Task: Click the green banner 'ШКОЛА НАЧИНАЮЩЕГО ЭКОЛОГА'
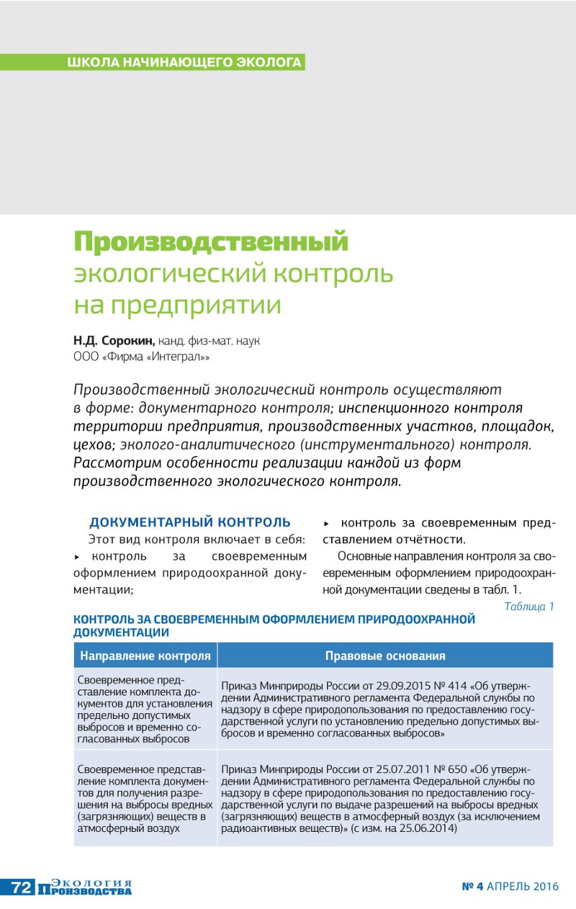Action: click(x=184, y=62)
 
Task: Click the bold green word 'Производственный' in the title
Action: click(x=211, y=241)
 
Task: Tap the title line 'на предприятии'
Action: click(x=177, y=305)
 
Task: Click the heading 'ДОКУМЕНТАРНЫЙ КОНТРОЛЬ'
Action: click(x=190, y=522)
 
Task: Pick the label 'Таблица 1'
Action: click(x=529, y=606)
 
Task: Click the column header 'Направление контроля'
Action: click(x=145, y=655)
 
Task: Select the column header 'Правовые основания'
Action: click(x=385, y=655)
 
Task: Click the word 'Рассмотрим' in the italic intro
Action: click(x=114, y=462)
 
